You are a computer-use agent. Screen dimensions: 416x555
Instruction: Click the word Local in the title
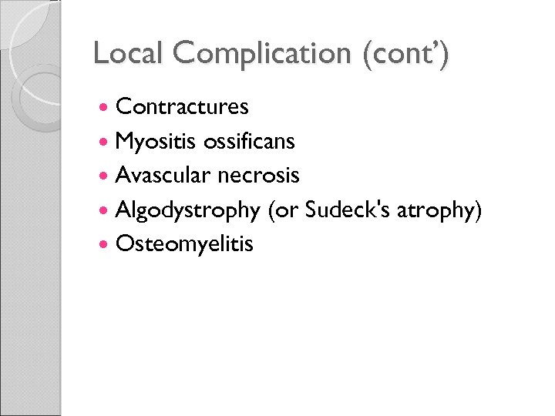pos(129,53)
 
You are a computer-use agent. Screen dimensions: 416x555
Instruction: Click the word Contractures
pos(182,107)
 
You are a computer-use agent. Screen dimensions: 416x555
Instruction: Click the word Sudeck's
pos(349,210)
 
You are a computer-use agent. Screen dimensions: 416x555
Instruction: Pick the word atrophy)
pos(441,211)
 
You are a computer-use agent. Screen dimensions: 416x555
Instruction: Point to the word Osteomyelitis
pos(184,245)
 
